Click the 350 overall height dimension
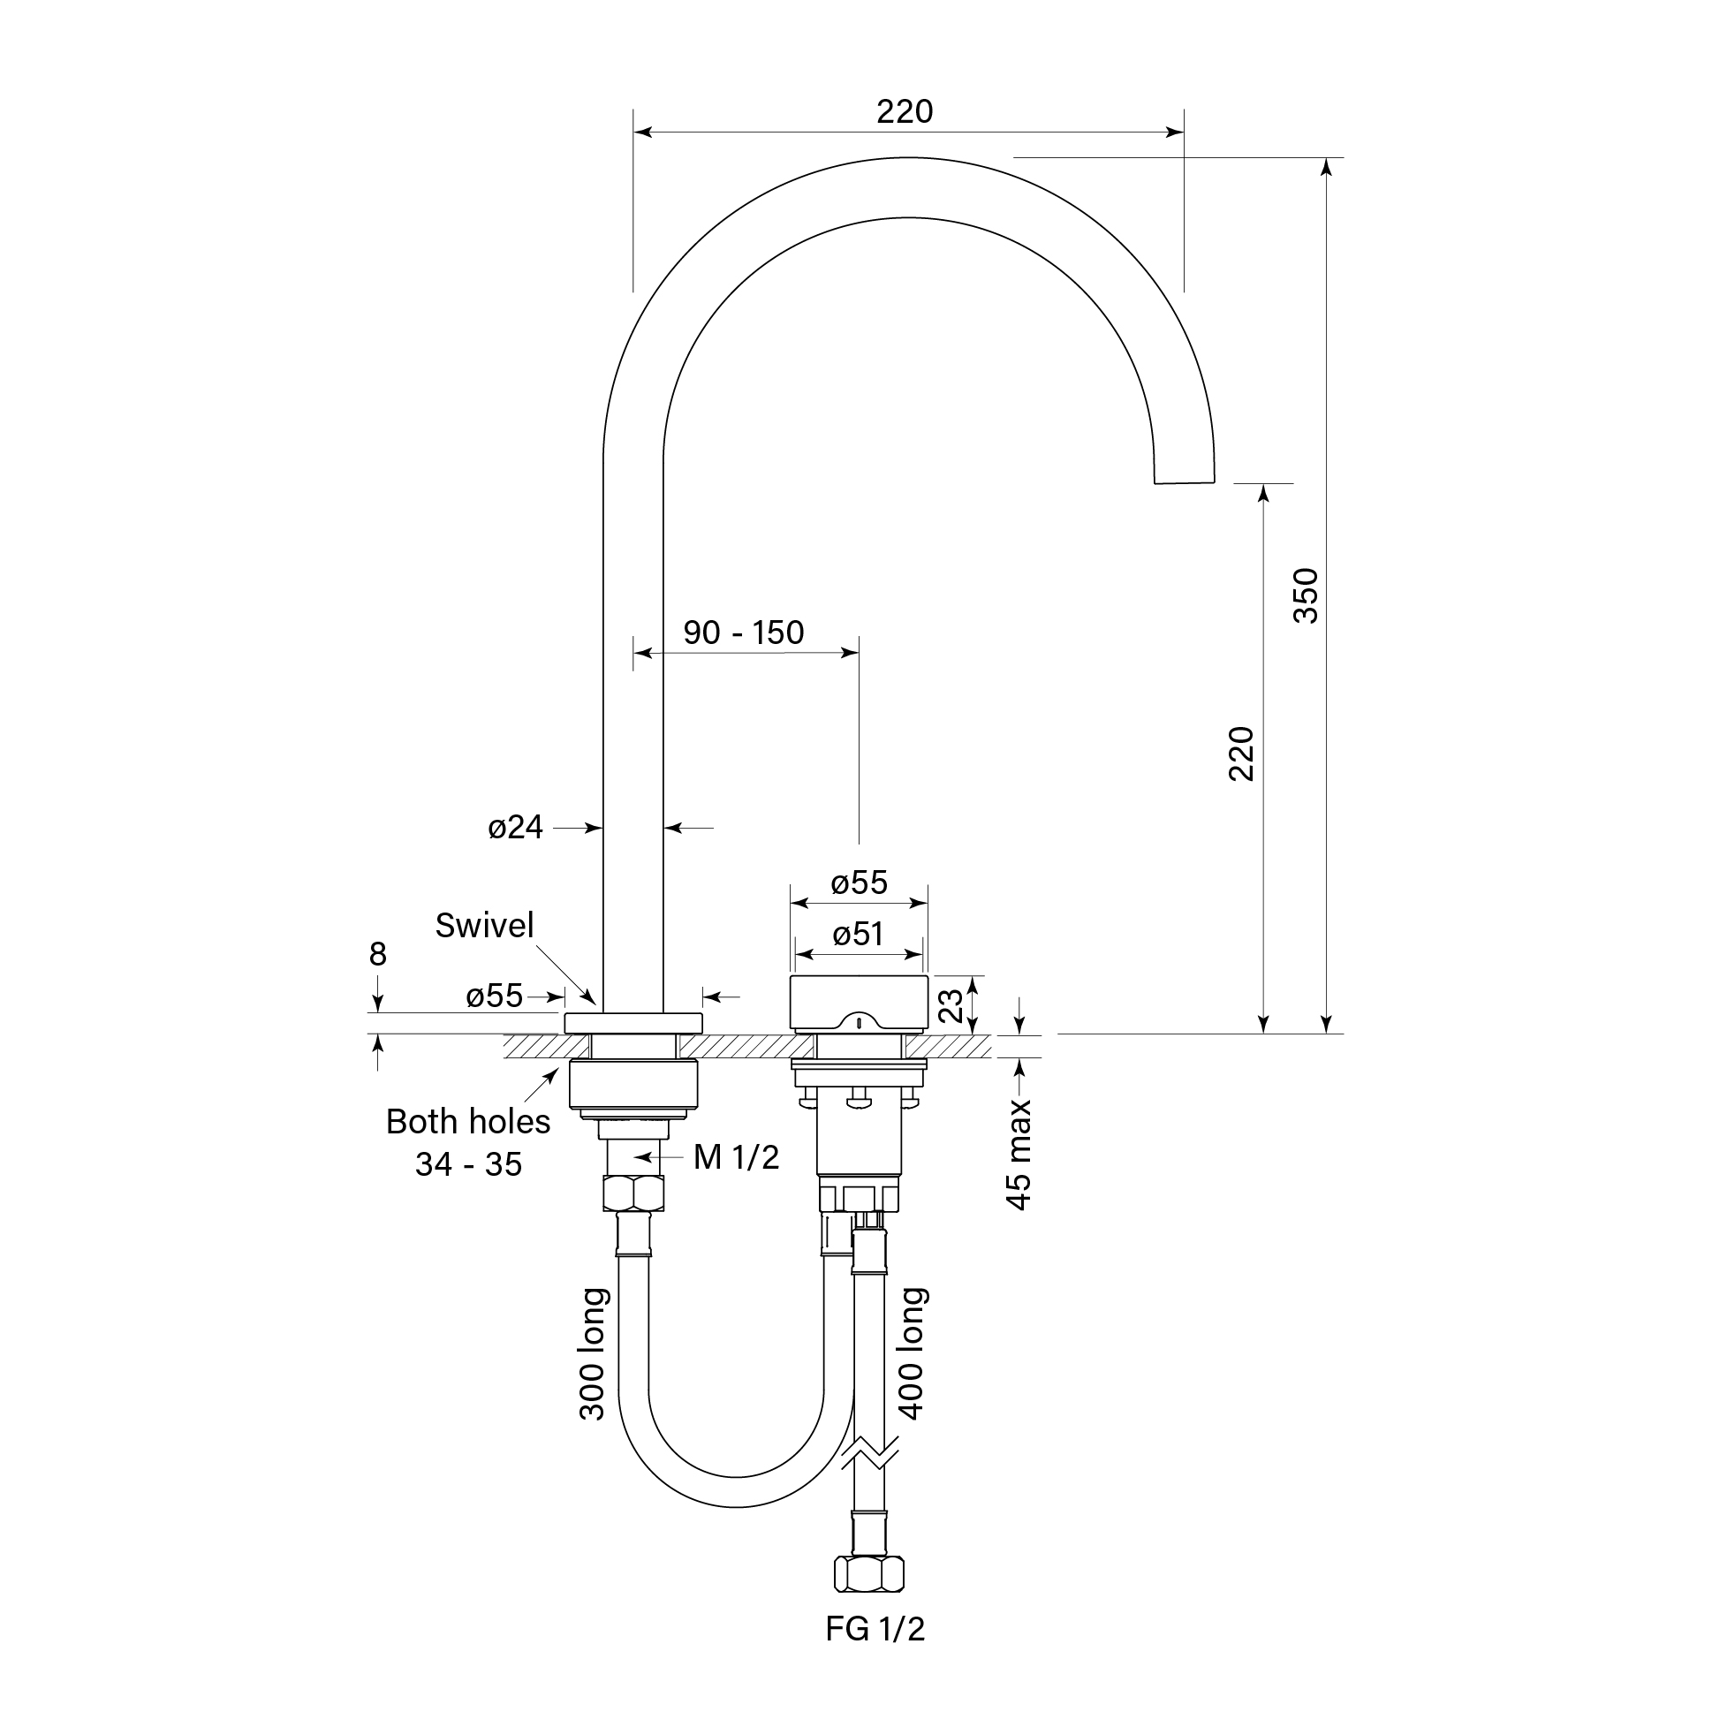point(1306,595)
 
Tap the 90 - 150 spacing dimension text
point(743,633)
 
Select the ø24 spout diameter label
point(515,828)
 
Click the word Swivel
point(484,926)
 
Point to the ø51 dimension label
point(858,934)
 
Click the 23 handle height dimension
point(950,1005)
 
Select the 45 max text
point(1019,1154)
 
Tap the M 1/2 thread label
point(736,1157)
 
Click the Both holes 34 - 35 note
point(468,1143)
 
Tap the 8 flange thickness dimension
point(377,954)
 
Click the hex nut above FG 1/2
point(869,1574)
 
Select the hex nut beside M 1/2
point(633,1193)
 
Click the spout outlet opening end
point(1183,482)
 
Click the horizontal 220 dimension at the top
point(905,111)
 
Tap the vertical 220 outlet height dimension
point(1241,754)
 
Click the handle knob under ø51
point(858,1002)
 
